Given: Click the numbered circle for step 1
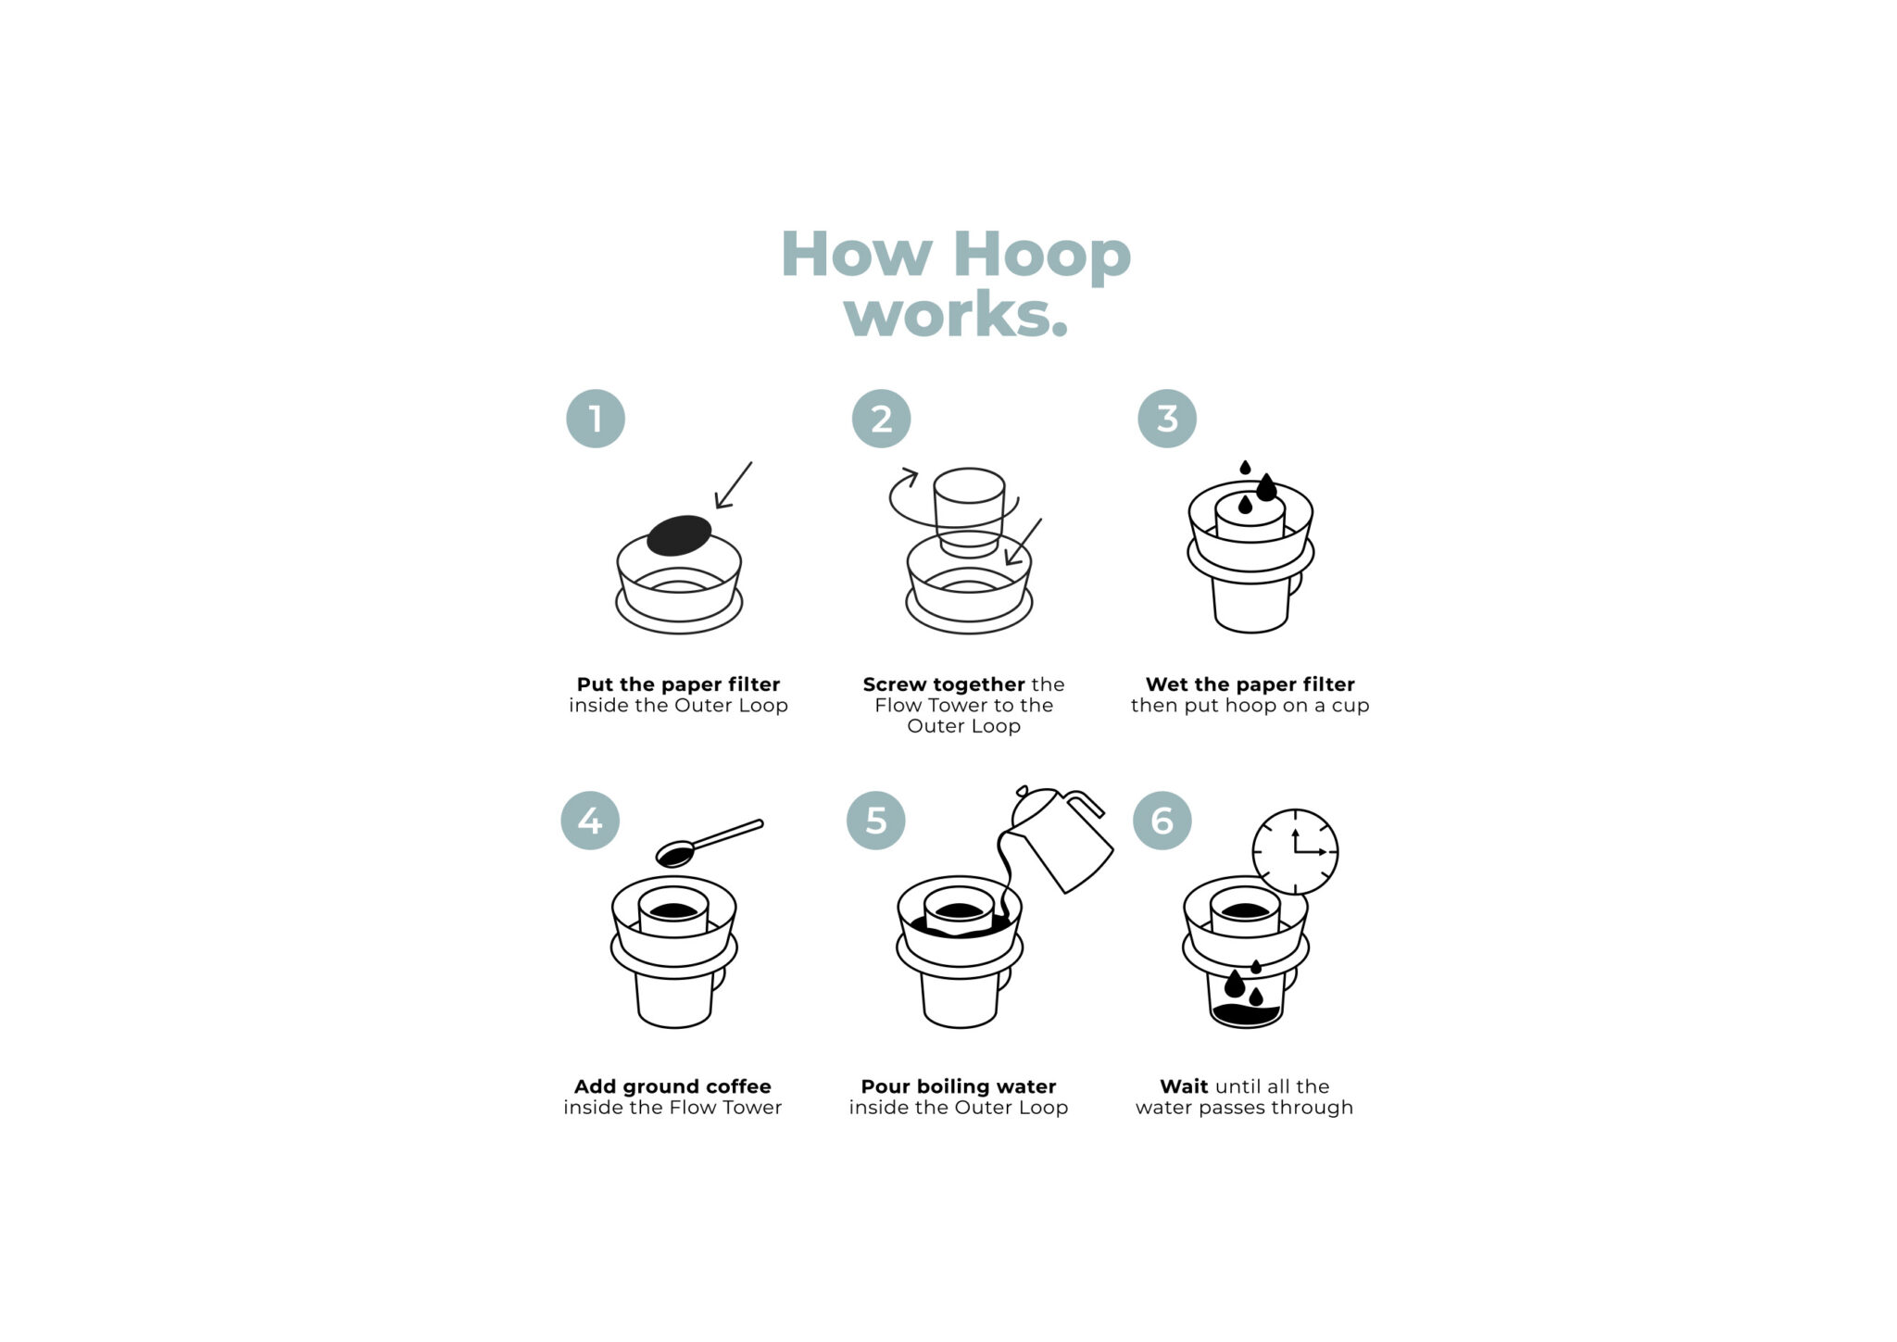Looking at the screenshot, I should coord(596,419).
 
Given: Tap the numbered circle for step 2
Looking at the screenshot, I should coord(881,419).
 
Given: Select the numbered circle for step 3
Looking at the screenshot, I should coord(1167,419).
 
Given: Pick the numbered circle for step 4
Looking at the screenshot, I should coord(590,821).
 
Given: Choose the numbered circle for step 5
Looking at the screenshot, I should coord(875,821).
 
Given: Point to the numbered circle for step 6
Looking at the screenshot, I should coord(1162,821).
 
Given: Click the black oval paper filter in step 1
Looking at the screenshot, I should coord(679,535).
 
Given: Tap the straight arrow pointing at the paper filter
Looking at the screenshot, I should coord(734,485).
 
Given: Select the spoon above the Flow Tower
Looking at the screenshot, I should coord(704,843).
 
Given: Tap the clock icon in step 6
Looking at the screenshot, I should coord(1295,852).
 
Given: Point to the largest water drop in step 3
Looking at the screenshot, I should coord(1266,487).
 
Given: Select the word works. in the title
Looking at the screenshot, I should coord(956,315).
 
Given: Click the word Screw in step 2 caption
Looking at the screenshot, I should coord(894,684).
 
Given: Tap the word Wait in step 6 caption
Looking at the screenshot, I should coord(1184,1086).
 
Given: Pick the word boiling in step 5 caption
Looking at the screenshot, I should coord(952,1086).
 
